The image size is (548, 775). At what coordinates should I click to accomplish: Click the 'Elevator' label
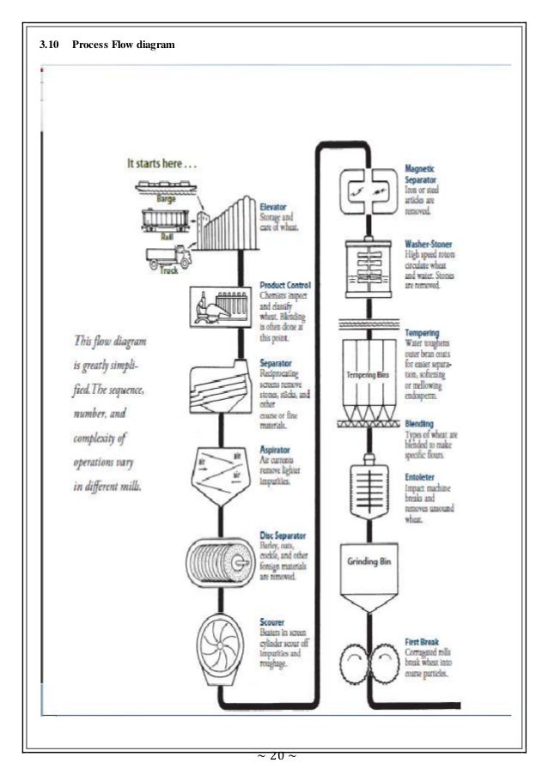click(274, 207)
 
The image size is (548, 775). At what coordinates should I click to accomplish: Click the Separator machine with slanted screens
click(222, 378)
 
